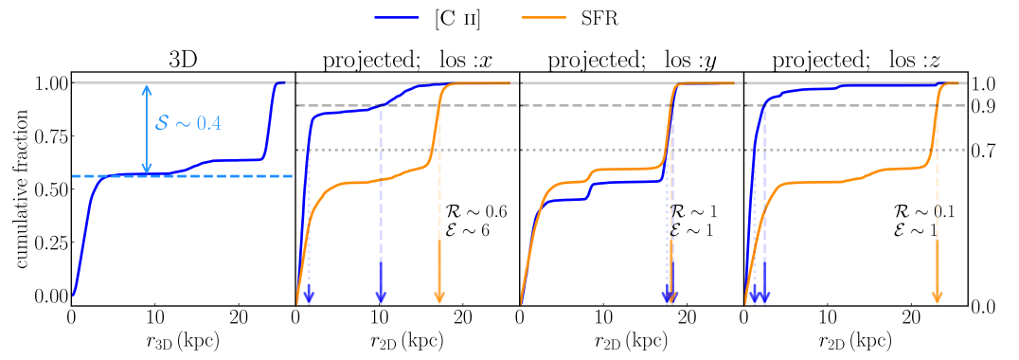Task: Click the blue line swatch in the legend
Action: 397,16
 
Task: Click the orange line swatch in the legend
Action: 544,16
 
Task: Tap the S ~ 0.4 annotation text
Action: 188,123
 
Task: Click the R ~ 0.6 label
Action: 475,212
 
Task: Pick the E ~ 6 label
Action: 467,230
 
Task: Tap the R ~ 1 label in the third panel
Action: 693,212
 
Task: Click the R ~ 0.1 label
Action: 923,212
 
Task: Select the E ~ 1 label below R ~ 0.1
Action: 915,230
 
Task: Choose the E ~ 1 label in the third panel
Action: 691,230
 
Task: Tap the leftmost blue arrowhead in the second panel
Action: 309,296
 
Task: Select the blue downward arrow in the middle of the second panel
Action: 381,284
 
